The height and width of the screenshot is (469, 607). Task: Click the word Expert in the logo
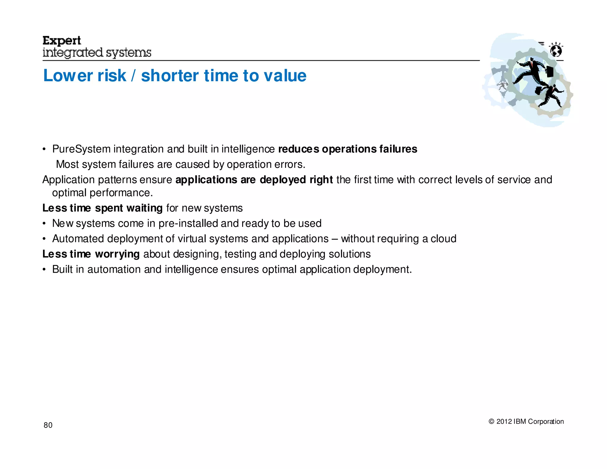pos(62,41)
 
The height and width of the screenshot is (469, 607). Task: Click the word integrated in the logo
pos(73,53)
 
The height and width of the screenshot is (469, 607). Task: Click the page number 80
pos(48,425)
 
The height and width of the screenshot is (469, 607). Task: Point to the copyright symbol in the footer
pos(491,422)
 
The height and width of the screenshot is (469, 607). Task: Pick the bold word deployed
pos(283,180)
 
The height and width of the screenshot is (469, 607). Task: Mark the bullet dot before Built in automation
pos(44,269)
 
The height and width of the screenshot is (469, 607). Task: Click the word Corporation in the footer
pos(546,422)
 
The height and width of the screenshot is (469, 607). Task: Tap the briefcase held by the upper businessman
pos(550,71)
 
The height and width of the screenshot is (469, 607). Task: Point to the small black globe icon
pos(556,51)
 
